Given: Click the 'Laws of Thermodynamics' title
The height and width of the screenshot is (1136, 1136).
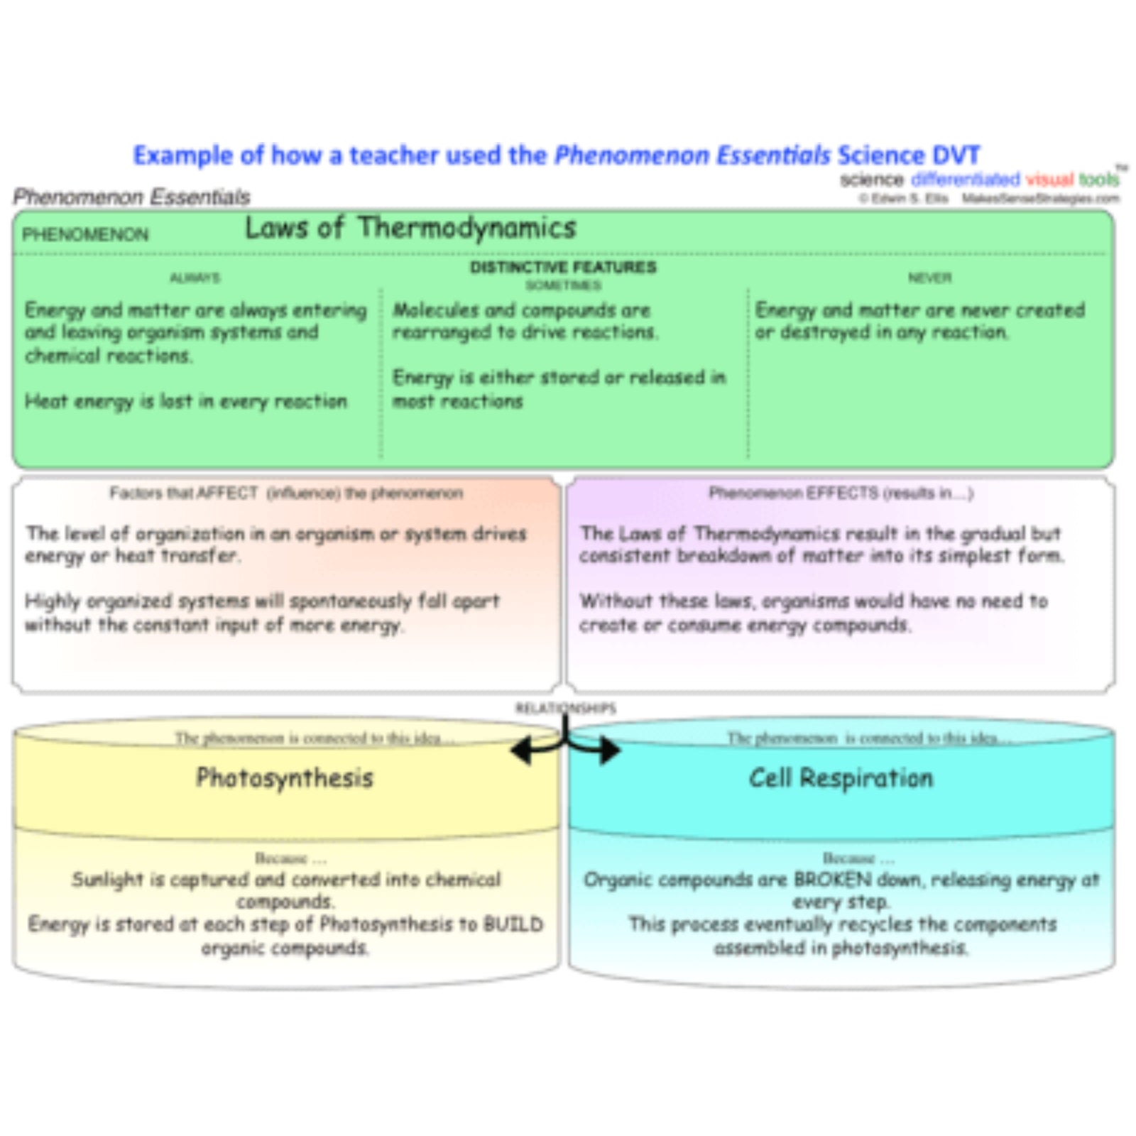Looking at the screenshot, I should click(410, 229).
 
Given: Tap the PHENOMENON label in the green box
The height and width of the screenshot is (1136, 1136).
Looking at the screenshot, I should click(85, 234).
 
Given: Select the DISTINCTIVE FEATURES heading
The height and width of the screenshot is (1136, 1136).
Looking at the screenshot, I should click(563, 267).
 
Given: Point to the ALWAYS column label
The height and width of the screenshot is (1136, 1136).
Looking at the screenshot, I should click(195, 278).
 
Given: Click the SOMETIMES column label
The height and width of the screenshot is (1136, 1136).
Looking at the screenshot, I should click(563, 285).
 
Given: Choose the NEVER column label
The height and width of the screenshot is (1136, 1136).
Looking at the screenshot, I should click(929, 278).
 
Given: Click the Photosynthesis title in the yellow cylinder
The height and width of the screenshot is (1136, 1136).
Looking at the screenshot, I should click(284, 778).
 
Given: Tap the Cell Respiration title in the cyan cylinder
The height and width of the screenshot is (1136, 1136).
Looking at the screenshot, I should click(841, 778).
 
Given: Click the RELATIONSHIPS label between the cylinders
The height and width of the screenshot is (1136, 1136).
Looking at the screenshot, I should click(565, 708).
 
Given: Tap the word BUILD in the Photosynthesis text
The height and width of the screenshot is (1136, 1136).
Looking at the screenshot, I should click(513, 924).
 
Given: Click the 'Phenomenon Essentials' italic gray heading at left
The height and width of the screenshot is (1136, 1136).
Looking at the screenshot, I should click(131, 197).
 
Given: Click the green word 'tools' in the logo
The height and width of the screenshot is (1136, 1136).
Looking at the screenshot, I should click(1098, 180).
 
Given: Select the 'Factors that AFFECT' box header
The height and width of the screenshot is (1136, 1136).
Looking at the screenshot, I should click(285, 493).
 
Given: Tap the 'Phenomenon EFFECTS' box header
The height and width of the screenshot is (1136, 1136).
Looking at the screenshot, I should click(841, 493).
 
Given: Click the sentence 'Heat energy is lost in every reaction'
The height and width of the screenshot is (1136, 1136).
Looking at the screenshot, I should click(186, 402).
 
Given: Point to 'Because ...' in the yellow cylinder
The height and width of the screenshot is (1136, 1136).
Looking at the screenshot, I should click(290, 859).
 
